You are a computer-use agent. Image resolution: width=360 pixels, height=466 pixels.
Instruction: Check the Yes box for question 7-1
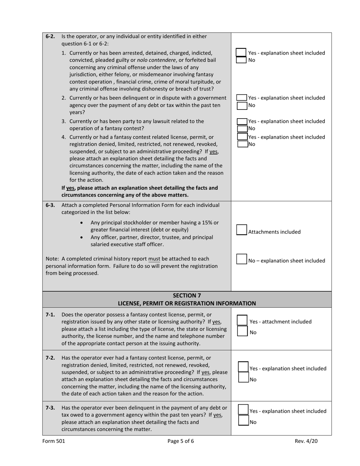click(x=242, y=321)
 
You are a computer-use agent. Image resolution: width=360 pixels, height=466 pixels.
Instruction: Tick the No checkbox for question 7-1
click(x=242, y=332)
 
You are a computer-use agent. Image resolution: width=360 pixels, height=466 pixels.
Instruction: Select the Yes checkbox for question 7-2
click(x=243, y=367)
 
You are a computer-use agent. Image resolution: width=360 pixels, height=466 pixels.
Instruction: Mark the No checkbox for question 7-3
click(x=243, y=421)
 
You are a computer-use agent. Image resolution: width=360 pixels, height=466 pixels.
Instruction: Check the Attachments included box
click(x=241, y=230)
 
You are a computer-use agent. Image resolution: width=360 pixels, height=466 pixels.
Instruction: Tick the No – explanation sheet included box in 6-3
click(x=241, y=259)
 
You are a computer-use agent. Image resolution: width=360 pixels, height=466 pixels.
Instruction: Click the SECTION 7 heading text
click(x=187, y=295)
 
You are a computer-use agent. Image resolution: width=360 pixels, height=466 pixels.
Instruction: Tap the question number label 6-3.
click(x=50, y=205)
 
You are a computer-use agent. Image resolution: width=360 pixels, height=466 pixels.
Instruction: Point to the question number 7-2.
click(x=50, y=358)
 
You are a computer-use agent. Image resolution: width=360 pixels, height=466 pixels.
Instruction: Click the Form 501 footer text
click(x=51, y=441)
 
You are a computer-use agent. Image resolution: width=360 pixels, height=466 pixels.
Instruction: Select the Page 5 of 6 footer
click(x=181, y=441)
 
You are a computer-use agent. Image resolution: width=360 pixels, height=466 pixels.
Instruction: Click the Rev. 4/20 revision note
click(x=307, y=441)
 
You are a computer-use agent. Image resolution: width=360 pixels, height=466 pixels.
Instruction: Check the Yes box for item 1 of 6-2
click(x=241, y=52)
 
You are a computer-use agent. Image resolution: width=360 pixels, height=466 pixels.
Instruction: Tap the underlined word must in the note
click(x=154, y=259)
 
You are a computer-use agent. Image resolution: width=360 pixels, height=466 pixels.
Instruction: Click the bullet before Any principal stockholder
click(x=82, y=223)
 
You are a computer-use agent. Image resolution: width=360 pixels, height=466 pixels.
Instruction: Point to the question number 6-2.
click(x=50, y=36)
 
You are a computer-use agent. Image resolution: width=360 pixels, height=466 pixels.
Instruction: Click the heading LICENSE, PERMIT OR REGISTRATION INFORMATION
click(x=187, y=303)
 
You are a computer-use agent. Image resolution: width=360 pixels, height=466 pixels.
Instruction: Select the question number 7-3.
click(x=50, y=408)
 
